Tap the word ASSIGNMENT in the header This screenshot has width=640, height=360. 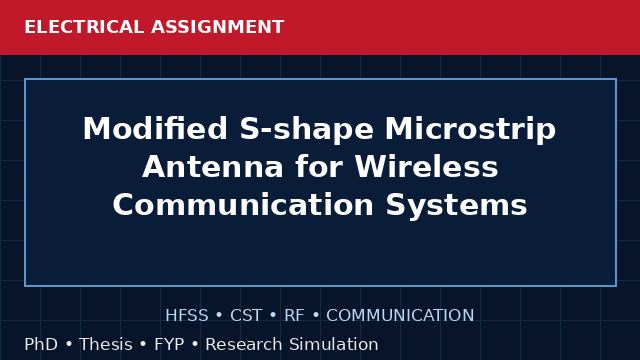point(218,27)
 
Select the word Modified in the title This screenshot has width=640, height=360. point(155,129)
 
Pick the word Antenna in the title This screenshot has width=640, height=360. point(213,167)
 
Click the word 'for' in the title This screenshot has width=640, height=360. point(319,166)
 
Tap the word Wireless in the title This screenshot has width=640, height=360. point(427,166)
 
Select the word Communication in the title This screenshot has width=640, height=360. point(243,204)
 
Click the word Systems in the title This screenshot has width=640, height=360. point(457,205)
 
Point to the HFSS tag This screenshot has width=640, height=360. point(187,316)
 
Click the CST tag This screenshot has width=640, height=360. point(246,316)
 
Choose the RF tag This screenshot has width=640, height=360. point(294,316)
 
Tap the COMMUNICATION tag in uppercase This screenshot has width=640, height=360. point(400,316)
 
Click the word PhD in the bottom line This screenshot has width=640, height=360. point(41,344)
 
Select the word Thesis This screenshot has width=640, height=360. point(106,344)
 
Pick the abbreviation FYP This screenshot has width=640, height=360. point(169,344)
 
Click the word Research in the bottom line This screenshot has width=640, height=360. point(244,344)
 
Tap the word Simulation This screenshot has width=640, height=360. point(334,344)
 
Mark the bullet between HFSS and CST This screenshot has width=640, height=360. point(219,316)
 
